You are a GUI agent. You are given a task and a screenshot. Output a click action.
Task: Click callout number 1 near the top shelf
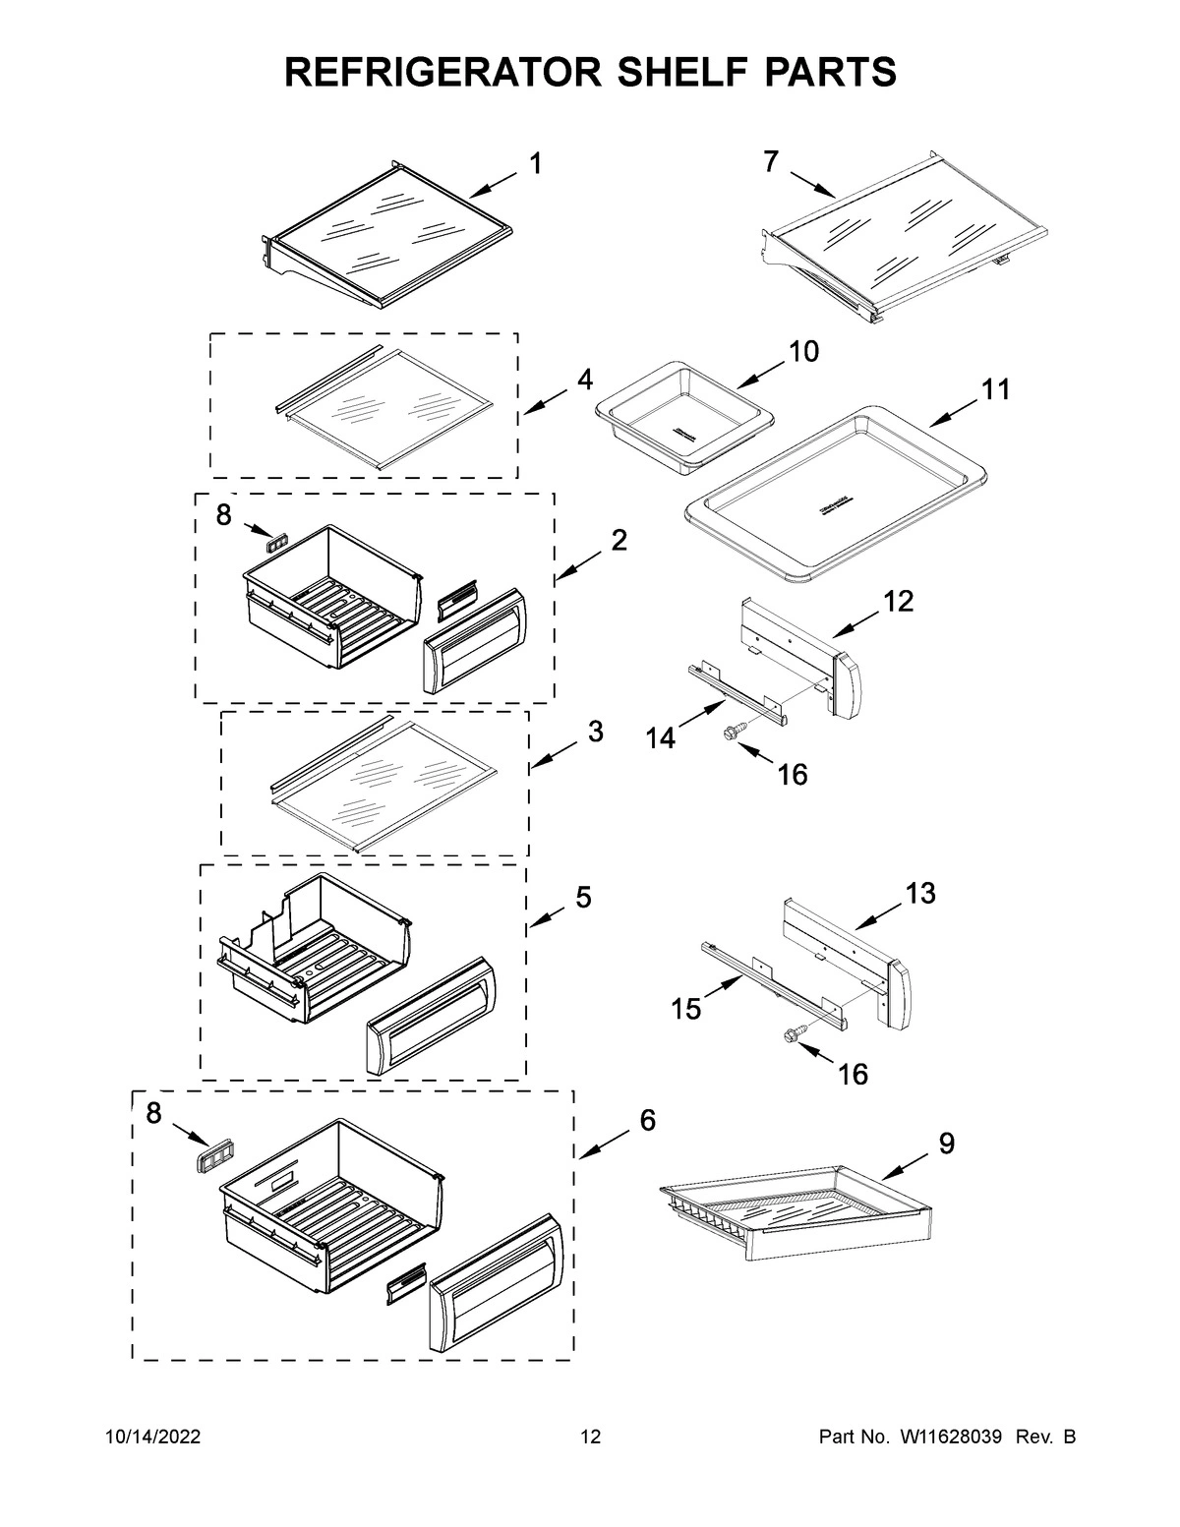pos(535,164)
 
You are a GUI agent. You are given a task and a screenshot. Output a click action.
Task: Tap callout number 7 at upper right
pos(771,162)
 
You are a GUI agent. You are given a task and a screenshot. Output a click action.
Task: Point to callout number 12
pos(898,601)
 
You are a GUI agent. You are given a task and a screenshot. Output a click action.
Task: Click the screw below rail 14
pos(735,731)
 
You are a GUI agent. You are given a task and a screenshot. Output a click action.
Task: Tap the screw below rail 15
pos(793,1033)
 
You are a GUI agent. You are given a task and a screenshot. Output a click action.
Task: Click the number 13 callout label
pos(920,894)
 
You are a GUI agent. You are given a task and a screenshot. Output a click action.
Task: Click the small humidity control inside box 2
pos(277,540)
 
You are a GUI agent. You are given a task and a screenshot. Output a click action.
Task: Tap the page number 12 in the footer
pos(590,1438)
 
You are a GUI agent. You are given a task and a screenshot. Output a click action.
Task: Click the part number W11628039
pos(948,1438)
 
